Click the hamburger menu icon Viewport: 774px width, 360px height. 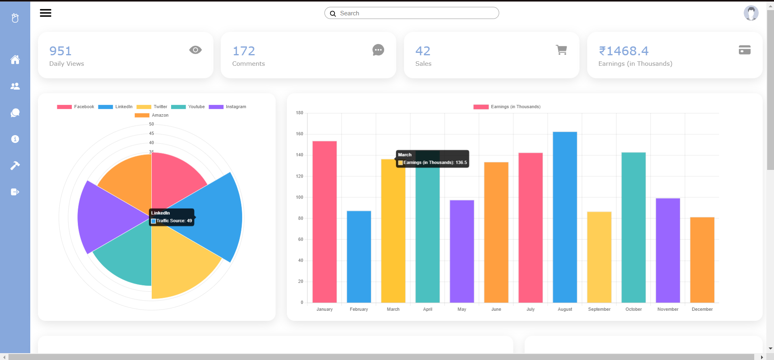[x=46, y=13]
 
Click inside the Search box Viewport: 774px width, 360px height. [x=416, y=13]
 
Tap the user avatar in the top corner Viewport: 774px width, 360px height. [x=751, y=13]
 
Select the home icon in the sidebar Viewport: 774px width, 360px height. [x=15, y=60]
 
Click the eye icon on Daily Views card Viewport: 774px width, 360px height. [x=195, y=50]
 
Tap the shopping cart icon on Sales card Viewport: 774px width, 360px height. [x=561, y=50]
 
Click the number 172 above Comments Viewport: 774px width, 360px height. [x=244, y=51]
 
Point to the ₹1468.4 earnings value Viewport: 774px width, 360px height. [x=623, y=51]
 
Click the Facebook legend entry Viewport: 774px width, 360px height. [x=76, y=107]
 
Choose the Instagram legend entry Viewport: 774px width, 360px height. [x=228, y=107]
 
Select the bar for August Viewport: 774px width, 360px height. [x=565, y=218]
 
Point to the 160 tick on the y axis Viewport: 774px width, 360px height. [x=299, y=134]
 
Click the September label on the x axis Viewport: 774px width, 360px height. [x=599, y=310]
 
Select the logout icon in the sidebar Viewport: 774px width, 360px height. [x=15, y=192]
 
